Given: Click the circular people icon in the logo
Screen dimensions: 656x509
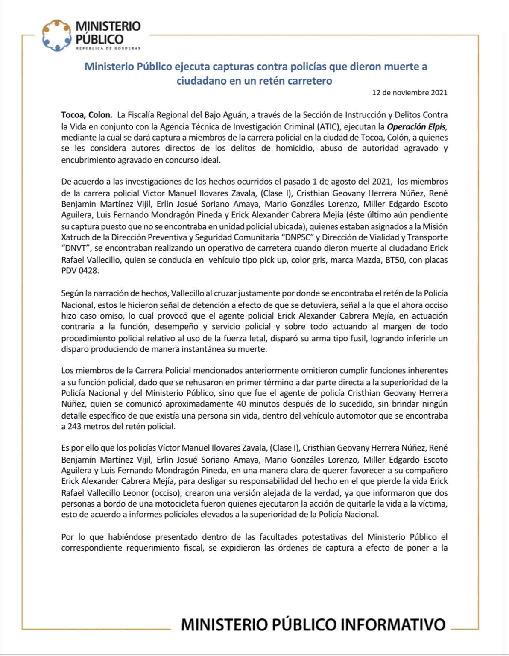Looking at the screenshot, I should (56, 35).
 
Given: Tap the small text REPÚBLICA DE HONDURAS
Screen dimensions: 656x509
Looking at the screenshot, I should (108, 48).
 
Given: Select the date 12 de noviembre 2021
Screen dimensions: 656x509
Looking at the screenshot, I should (410, 92).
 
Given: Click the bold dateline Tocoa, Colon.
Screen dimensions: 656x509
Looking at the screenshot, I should (87, 115).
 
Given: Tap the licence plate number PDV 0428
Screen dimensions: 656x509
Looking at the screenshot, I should (80, 270).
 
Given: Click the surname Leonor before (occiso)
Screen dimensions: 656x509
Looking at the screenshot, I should (135, 492).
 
